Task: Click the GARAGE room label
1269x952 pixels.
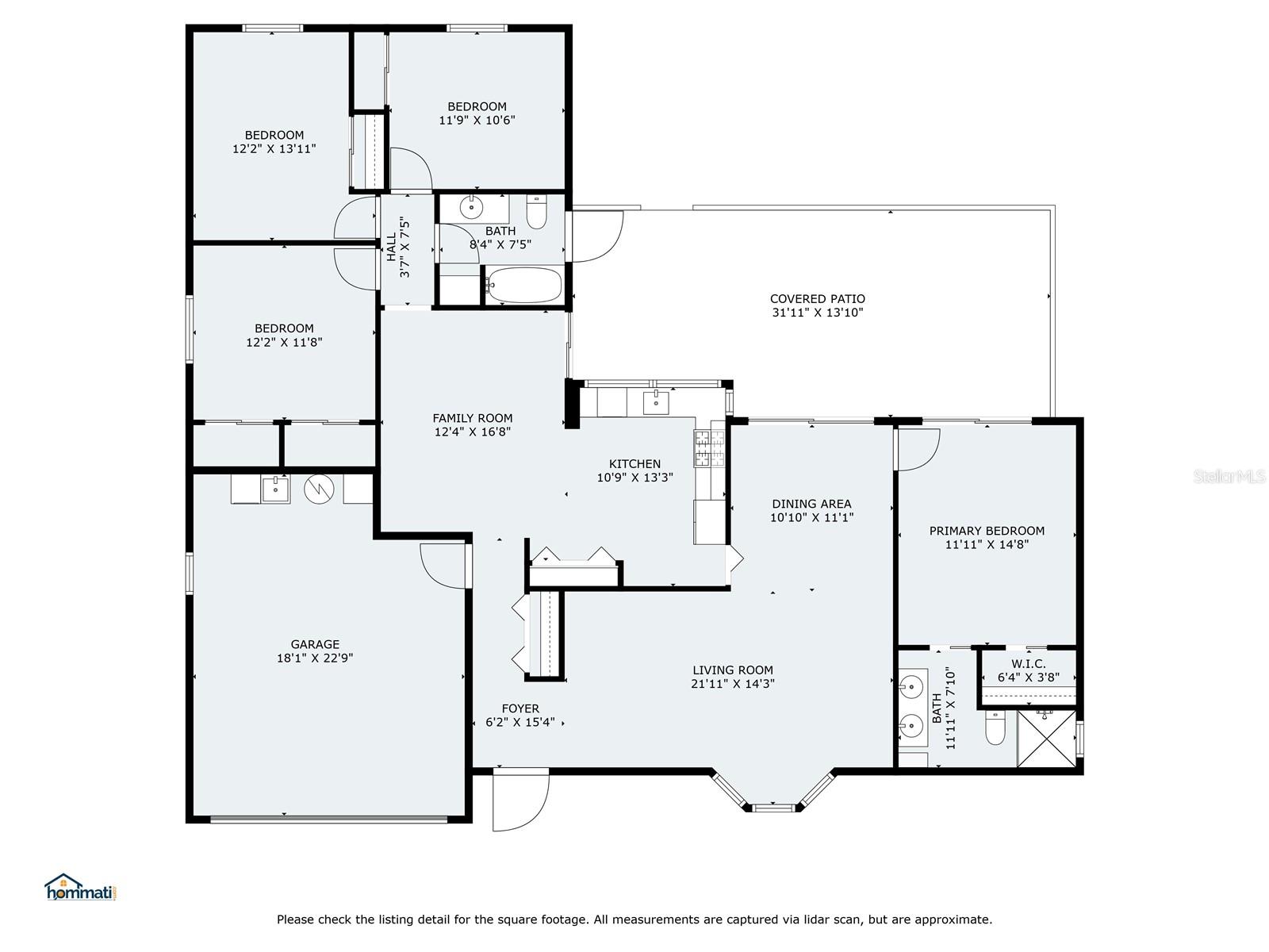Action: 315,644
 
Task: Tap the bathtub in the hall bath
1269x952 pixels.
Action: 523,285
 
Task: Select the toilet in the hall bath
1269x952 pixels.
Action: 536,212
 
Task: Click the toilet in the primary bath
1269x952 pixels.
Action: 995,727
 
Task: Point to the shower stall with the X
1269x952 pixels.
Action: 1046,739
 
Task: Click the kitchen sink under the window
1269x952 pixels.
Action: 656,402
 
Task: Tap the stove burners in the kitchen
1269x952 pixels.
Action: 709,448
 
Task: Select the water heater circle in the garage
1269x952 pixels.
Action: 319,489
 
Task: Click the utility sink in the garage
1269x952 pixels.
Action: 275,489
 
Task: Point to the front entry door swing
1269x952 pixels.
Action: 519,800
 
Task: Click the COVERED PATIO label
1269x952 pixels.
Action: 818,299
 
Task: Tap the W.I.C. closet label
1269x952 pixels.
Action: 1029,663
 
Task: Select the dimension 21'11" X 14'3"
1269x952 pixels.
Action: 733,684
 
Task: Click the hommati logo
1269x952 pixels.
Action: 81,887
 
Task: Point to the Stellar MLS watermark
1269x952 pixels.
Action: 1229,476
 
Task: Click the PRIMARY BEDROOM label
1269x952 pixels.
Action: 987,531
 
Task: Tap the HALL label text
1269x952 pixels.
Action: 391,247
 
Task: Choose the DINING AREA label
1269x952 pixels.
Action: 811,504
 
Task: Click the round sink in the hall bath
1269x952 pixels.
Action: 471,207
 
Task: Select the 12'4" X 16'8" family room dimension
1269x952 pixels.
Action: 473,432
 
